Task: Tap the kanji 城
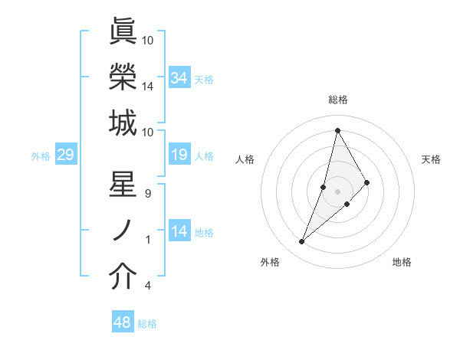point(123,123)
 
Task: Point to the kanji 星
point(123,186)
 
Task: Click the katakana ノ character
point(123,231)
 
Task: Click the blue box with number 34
point(179,77)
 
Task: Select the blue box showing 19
point(179,155)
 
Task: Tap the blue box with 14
point(179,231)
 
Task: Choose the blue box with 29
point(65,155)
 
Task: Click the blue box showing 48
point(122,322)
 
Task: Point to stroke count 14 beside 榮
point(148,87)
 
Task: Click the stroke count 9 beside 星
point(148,194)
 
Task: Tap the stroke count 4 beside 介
point(148,286)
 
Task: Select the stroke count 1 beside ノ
point(148,240)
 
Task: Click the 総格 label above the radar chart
point(338,100)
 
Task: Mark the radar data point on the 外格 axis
point(302,242)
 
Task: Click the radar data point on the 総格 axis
point(337,130)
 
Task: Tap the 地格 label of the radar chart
point(402,262)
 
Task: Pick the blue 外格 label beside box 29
point(41,156)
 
